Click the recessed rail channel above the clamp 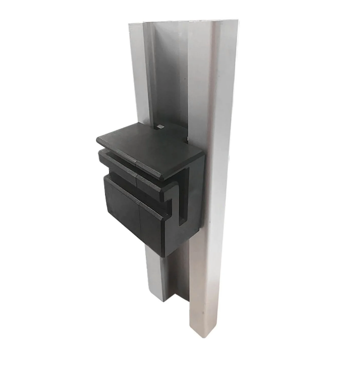point(171,77)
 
